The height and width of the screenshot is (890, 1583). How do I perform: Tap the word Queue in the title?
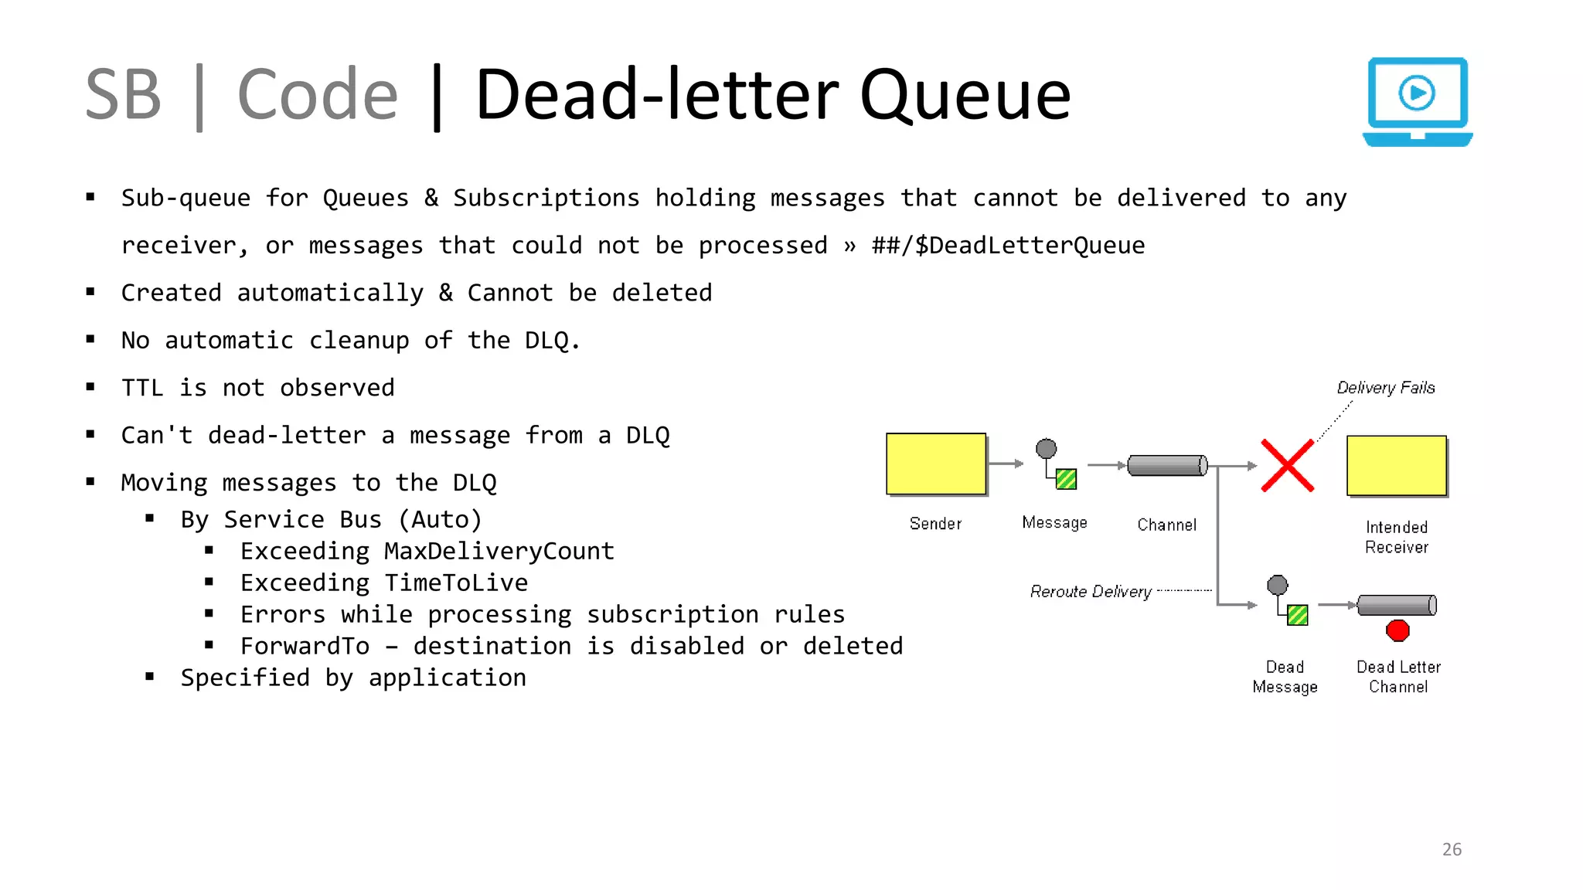tap(965, 96)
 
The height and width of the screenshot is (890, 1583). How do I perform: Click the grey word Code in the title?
tap(317, 96)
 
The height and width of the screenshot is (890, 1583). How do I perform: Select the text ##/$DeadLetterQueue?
tap(1008, 246)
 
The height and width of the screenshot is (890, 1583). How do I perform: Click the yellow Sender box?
tap(935, 464)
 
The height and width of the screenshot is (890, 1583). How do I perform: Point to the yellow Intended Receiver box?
tap(1396, 466)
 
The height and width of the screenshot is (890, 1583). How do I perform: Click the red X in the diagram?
tap(1287, 466)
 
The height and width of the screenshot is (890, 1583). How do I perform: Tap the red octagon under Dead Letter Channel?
tap(1397, 631)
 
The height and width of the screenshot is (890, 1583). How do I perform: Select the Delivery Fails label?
tap(1385, 388)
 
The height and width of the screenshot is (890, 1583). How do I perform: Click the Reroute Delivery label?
tap(1091, 592)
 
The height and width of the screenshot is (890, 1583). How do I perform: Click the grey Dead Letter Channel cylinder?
tap(1397, 605)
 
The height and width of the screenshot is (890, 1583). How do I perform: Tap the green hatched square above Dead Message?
tap(1298, 615)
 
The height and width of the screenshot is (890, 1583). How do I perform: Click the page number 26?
tap(1452, 849)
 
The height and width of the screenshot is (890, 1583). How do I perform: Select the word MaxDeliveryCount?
tap(499, 552)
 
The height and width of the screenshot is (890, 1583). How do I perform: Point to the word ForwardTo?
tap(305, 647)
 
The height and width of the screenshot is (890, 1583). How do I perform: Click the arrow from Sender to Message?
tap(1006, 464)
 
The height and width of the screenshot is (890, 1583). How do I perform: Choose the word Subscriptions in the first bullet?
tap(546, 199)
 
